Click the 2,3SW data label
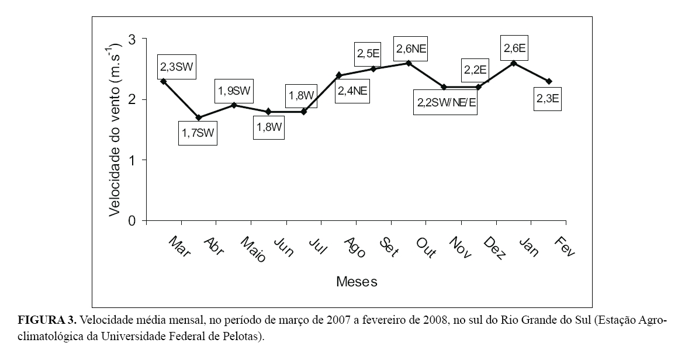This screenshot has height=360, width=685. tap(175, 68)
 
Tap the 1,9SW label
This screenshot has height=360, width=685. tap(234, 92)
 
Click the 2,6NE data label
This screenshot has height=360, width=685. tap(411, 49)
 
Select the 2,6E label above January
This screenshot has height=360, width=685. tap(514, 49)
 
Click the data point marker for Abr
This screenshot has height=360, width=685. tap(199, 117)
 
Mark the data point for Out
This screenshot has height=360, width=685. tap(409, 63)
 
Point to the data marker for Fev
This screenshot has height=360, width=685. tap(549, 81)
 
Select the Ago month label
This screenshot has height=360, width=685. tap(355, 247)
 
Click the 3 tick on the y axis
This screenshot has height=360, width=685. tap(132, 39)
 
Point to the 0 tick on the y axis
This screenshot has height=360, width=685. tap(132, 221)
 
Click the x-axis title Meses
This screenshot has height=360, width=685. tap(357, 282)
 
